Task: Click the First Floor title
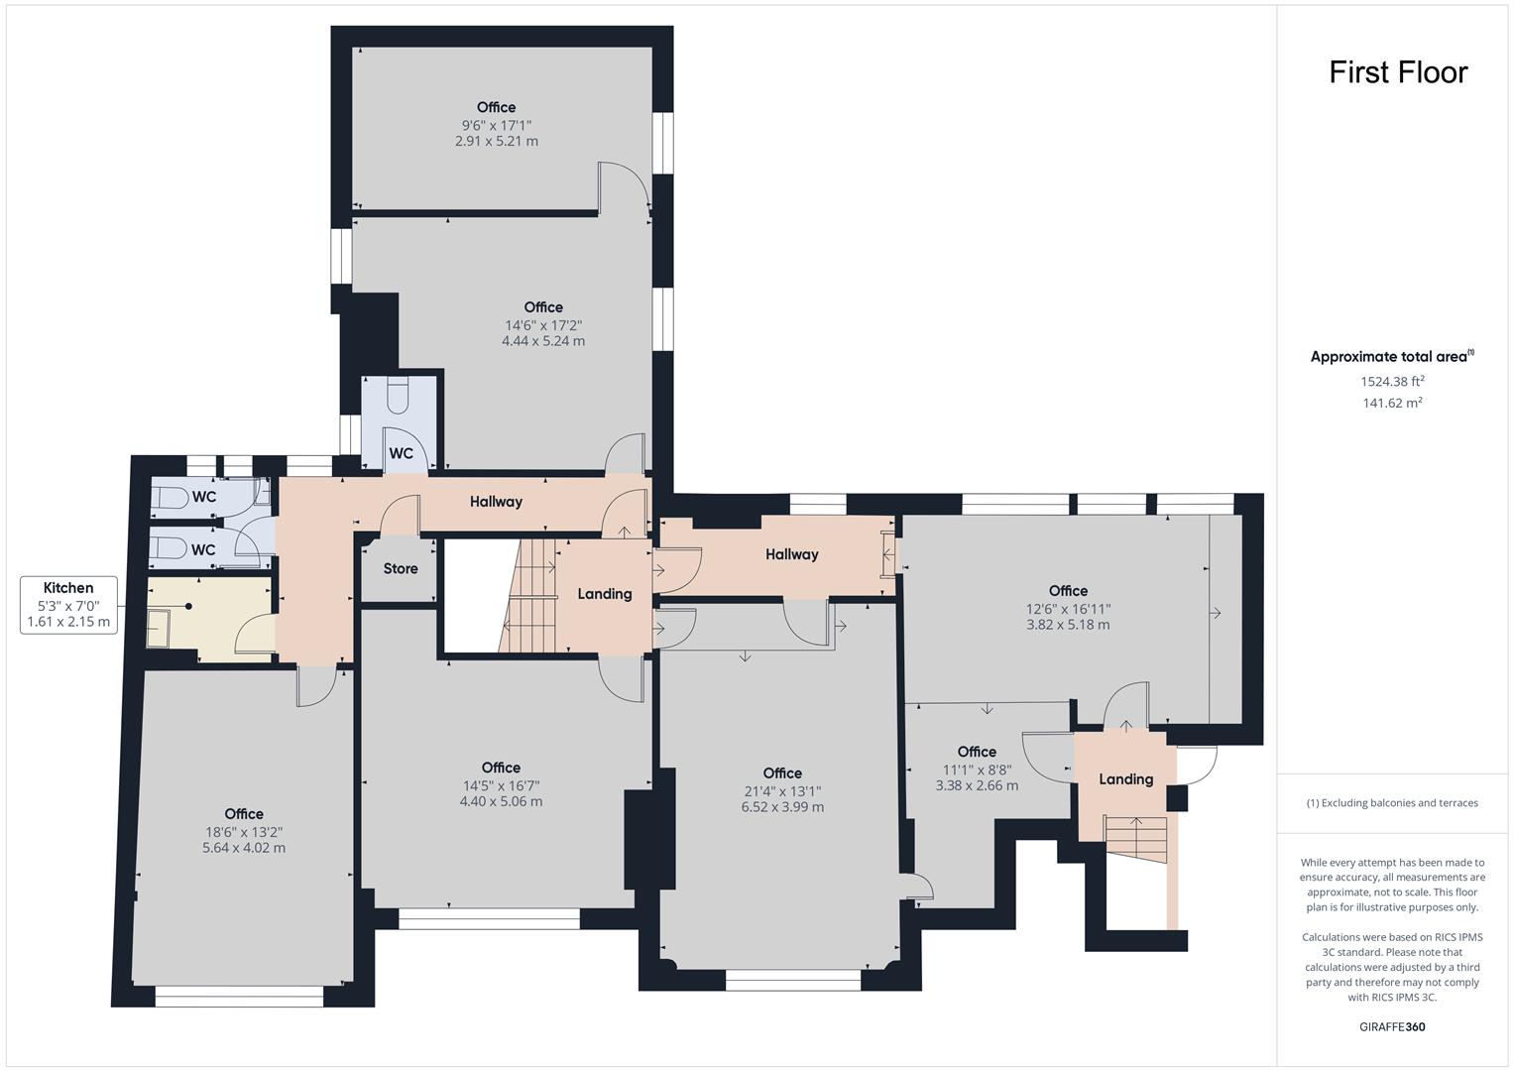coord(1397,72)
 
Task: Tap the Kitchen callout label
coord(68,588)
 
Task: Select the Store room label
coord(401,569)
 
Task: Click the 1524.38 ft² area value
coord(1392,381)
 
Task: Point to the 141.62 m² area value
coord(1392,403)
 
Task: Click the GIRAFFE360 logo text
coord(1391,1026)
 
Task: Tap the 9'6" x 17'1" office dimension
coord(497,125)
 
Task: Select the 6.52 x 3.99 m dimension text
coord(782,807)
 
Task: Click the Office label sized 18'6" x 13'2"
coord(244,814)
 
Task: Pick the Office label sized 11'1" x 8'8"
coord(977,752)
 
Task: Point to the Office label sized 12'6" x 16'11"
coord(1068,591)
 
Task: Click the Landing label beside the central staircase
coord(605,594)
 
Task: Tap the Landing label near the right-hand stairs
coord(1125,779)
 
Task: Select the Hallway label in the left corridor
coord(496,502)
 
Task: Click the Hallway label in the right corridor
coord(791,554)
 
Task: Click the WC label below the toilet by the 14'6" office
coord(401,454)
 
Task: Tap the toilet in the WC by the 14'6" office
coord(398,396)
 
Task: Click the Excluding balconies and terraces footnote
coord(1391,803)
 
